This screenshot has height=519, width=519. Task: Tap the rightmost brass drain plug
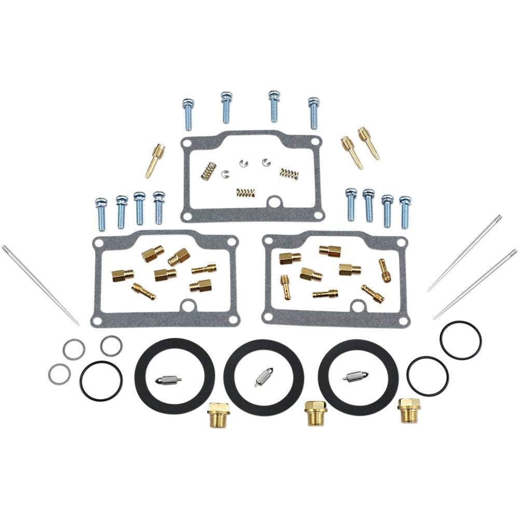(x=408, y=410)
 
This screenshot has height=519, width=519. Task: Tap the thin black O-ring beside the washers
(x=101, y=381)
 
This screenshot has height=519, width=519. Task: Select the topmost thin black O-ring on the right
(x=460, y=340)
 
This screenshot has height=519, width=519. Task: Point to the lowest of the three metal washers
(x=59, y=374)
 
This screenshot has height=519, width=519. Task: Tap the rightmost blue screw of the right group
(x=405, y=212)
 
